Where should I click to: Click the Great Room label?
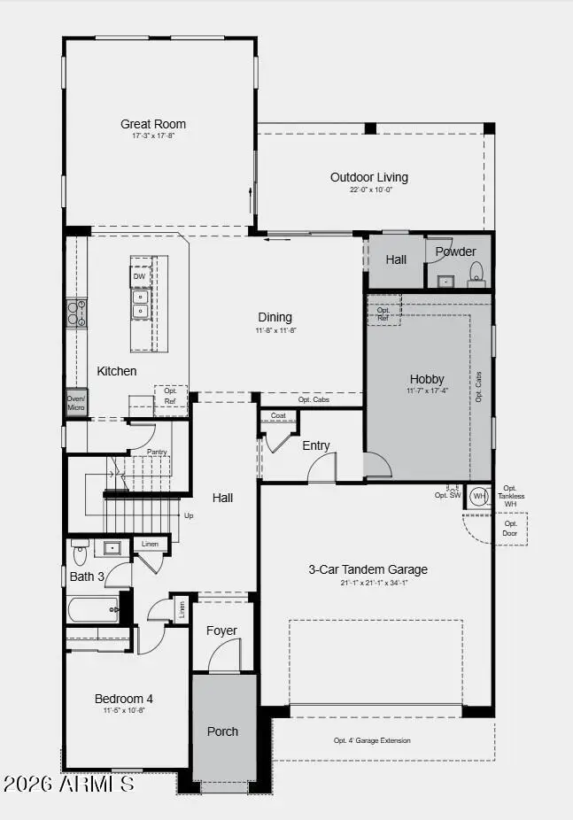(153, 124)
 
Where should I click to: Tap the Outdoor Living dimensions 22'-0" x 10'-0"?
(369, 190)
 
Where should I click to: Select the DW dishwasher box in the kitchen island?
(139, 276)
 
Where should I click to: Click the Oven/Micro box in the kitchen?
(76, 402)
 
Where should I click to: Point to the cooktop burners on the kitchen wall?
(76, 312)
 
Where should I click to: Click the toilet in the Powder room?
(476, 272)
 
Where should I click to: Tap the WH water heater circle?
(479, 496)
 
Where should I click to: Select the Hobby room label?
(427, 379)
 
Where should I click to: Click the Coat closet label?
(278, 415)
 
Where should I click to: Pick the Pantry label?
(158, 452)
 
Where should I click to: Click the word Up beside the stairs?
(187, 515)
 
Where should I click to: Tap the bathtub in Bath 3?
(94, 608)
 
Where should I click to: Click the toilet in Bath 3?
(80, 553)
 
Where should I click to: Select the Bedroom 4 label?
(124, 699)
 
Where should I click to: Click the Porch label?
(222, 731)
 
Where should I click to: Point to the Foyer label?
(221, 630)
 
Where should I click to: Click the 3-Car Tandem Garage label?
(368, 569)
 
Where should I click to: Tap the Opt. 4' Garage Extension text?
(372, 740)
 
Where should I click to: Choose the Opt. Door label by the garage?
(511, 529)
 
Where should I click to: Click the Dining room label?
(275, 317)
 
